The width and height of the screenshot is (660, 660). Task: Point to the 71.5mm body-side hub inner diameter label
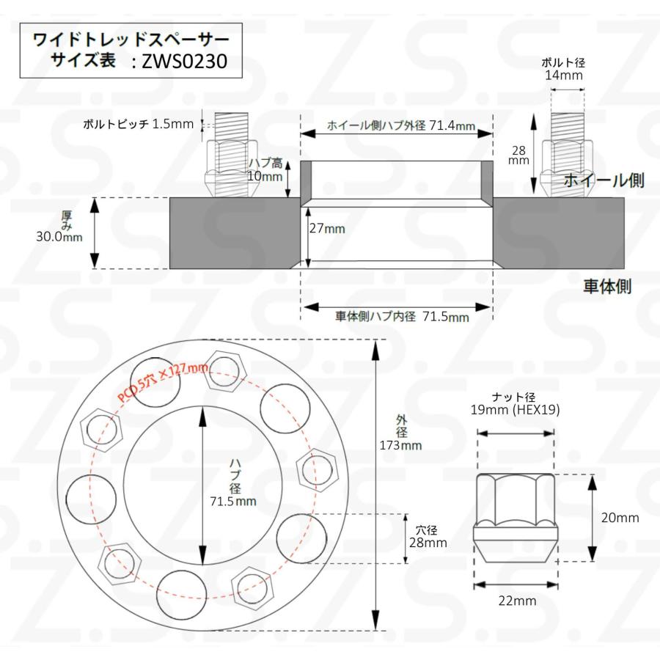pyautogui.click(x=402, y=317)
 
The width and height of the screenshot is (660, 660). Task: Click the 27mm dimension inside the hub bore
pyautogui.click(x=326, y=228)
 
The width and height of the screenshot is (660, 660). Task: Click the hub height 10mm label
pyautogui.click(x=265, y=170)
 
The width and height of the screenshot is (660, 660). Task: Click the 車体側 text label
pyautogui.click(x=607, y=286)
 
